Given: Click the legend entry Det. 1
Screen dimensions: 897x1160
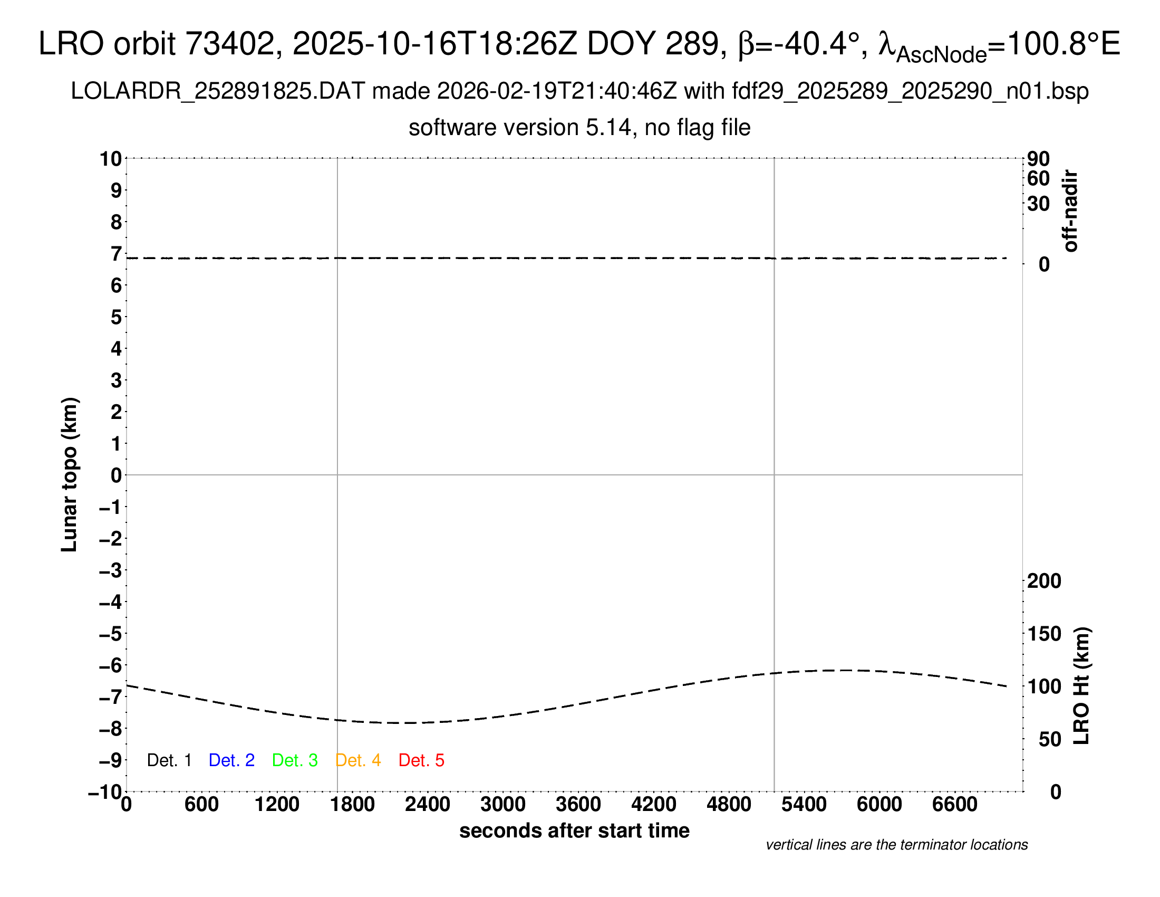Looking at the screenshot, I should coord(169,760).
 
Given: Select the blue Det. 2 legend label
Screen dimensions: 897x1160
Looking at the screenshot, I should coord(231,760).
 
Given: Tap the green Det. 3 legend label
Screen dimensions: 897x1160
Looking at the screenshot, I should coord(295,760).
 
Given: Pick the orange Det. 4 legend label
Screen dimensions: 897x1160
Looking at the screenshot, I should coord(358,760).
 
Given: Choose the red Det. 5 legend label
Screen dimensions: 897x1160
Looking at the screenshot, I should coord(421,760).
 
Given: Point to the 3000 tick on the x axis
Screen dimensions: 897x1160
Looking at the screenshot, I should coord(502,805).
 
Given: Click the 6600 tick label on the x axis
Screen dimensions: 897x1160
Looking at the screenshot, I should coord(954,805).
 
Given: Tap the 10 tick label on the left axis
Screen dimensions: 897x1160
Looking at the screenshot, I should coord(111,159).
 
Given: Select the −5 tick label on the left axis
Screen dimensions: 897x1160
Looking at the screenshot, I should coord(111,634).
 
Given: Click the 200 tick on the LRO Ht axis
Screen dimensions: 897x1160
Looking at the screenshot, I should coord(1044,581).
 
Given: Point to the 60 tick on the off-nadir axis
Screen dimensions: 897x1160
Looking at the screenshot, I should coord(1038,178).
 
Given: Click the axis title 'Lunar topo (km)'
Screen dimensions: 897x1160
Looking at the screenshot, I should coord(70,474).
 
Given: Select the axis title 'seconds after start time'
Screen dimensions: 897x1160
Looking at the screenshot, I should coord(574,831).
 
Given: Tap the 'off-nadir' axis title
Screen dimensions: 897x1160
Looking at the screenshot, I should coord(1070,211).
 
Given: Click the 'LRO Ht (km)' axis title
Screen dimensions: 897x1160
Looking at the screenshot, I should coord(1081,686).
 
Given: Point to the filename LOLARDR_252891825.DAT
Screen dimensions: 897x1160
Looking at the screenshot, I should coord(218,91).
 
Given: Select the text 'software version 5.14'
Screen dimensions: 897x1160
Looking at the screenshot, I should coord(520,128).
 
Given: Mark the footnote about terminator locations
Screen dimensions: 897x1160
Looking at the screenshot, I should coord(896,845).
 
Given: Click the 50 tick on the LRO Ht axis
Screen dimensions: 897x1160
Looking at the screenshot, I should coord(1049,740).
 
